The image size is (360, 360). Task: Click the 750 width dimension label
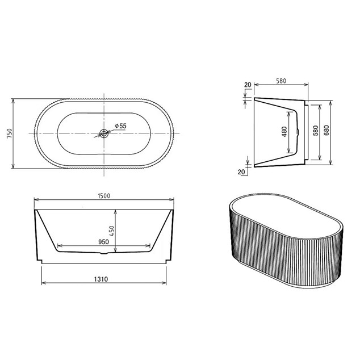pyautogui.click(x=10, y=133)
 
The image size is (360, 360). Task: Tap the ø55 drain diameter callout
pyautogui.click(x=121, y=126)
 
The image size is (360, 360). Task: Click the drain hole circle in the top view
pyautogui.click(x=104, y=133)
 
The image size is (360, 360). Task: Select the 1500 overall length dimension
pyautogui.click(x=104, y=196)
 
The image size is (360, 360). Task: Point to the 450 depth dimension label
pyautogui.click(x=112, y=231)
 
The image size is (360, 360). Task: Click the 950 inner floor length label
pyautogui.click(x=103, y=242)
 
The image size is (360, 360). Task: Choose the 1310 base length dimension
pyautogui.click(x=101, y=279)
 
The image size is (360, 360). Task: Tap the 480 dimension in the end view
pyautogui.click(x=284, y=132)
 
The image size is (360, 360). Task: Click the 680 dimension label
pyautogui.click(x=326, y=131)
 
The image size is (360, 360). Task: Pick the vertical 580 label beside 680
pyautogui.click(x=316, y=131)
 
